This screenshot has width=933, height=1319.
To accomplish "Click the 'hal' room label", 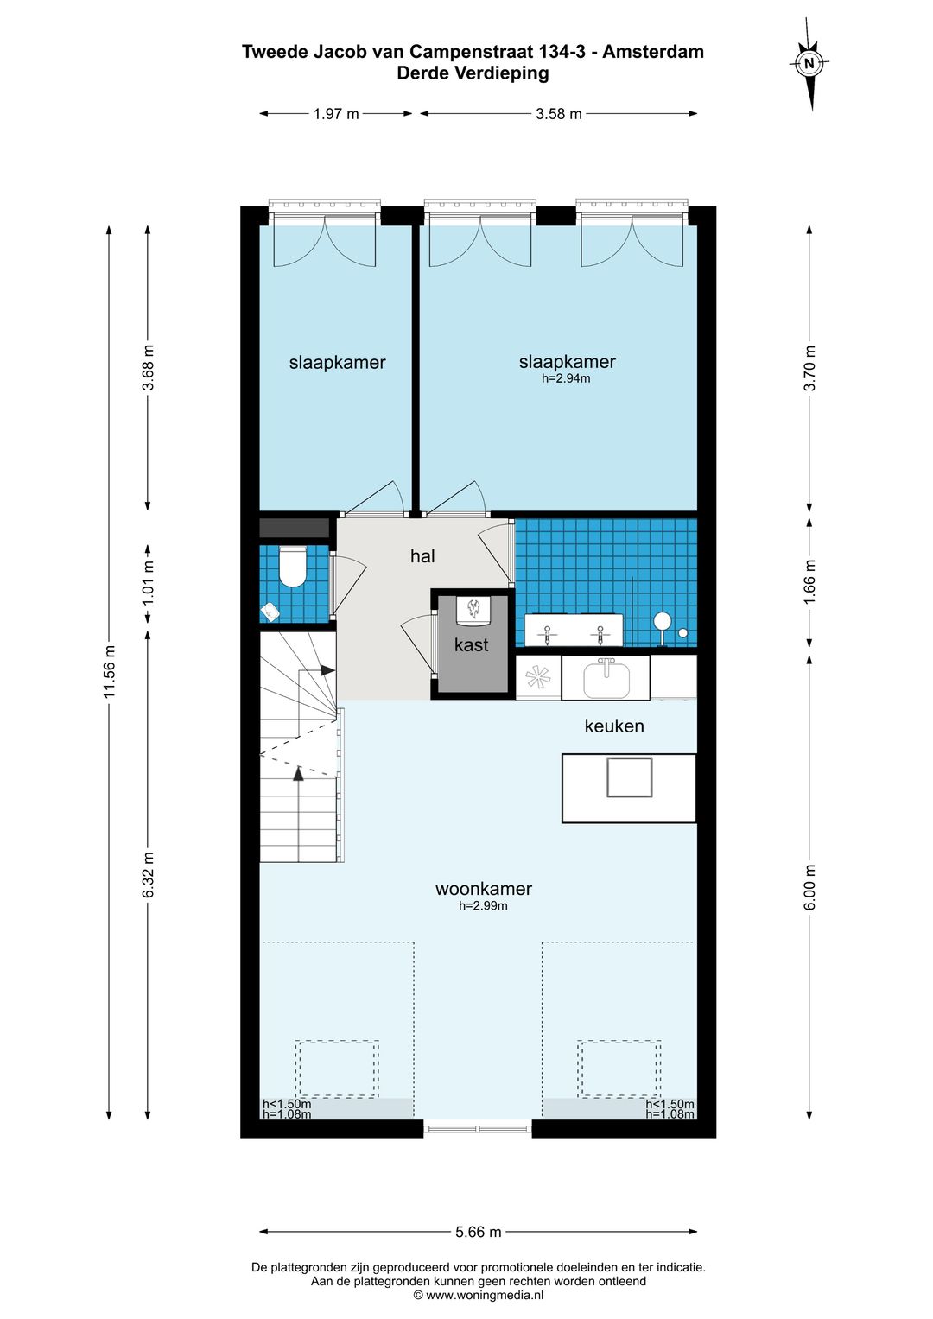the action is click(x=422, y=556).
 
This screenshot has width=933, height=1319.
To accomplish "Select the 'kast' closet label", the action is click(x=471, y=644).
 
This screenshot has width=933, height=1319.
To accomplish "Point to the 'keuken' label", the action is click(x=613, y=726).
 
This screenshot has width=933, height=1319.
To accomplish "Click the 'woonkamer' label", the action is click(x=484, y=889).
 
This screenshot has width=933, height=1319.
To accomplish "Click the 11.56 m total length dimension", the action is click(x=109, y=671).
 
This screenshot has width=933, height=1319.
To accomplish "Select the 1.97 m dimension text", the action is click(x=336, y=114).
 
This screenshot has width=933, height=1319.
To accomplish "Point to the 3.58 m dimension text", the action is click(x=558, y=114).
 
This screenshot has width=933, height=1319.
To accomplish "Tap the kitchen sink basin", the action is click(x=606, y=678).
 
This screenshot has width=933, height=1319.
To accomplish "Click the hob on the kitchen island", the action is click(x=630, y=777).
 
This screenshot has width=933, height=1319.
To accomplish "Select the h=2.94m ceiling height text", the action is click(x=566, y=378).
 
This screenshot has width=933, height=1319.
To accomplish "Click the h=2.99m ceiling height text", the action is click(x=483, y=905).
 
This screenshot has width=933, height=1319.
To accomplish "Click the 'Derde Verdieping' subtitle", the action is click(x=473, y=73).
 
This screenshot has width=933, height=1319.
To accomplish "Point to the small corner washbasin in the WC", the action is click(x=270, y=612).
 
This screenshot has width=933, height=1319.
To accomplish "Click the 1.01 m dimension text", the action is click(x=148, y=582).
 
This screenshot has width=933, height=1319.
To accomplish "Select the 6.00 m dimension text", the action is click(x=810, y=887).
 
